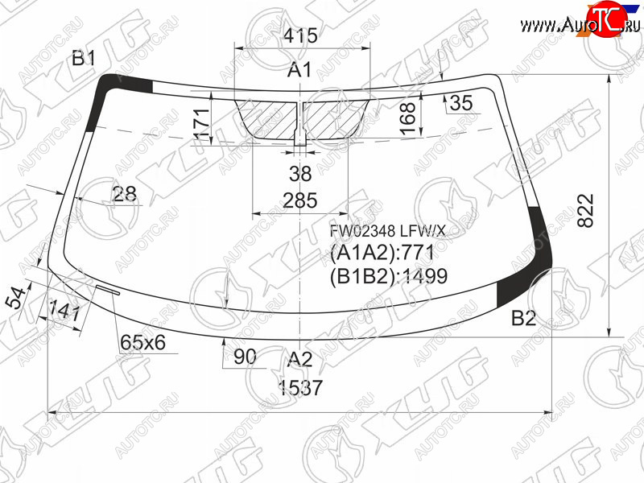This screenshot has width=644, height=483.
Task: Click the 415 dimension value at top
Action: [300, 35]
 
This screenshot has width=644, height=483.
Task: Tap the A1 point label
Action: [299, 70]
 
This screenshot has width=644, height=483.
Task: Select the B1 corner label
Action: [84, 58]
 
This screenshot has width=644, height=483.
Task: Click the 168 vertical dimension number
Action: [408, 118]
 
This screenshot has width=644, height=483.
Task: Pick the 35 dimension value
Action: [461, 103]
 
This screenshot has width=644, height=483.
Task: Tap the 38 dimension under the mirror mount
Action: [300, 174]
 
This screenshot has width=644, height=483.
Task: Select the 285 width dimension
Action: [300, 200]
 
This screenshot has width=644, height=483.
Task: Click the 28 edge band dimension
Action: [125, 193]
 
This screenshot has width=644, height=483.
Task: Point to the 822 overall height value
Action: [586, 210]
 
